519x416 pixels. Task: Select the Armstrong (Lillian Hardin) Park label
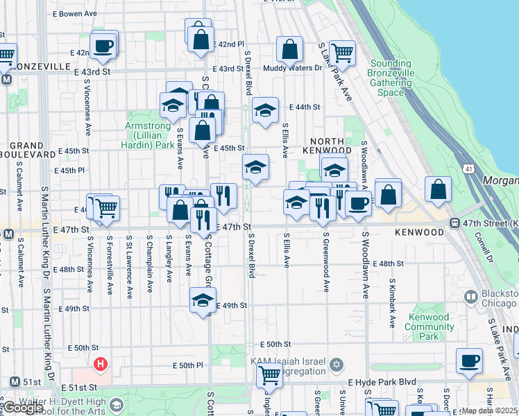pyautogui.click(x=149, y=135)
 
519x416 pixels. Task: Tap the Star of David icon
pyautogui.click(x=337, y=365)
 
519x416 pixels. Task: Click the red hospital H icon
pyautogui.click(x=101, y=363)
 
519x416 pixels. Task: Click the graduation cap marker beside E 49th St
pyautogui.click(x=203, y=300)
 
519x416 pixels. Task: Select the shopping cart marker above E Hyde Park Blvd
pyautogui.click(x=269, y=375)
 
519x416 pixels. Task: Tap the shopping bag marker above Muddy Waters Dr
pyautogui.click(x=289, y=49)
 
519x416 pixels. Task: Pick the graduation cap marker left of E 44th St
pyautogui.click(x=264, y=110)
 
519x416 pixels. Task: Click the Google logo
pyautogui.click(x=22, y=408)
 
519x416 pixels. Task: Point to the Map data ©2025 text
pyautogui.click(x=490, y=410)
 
